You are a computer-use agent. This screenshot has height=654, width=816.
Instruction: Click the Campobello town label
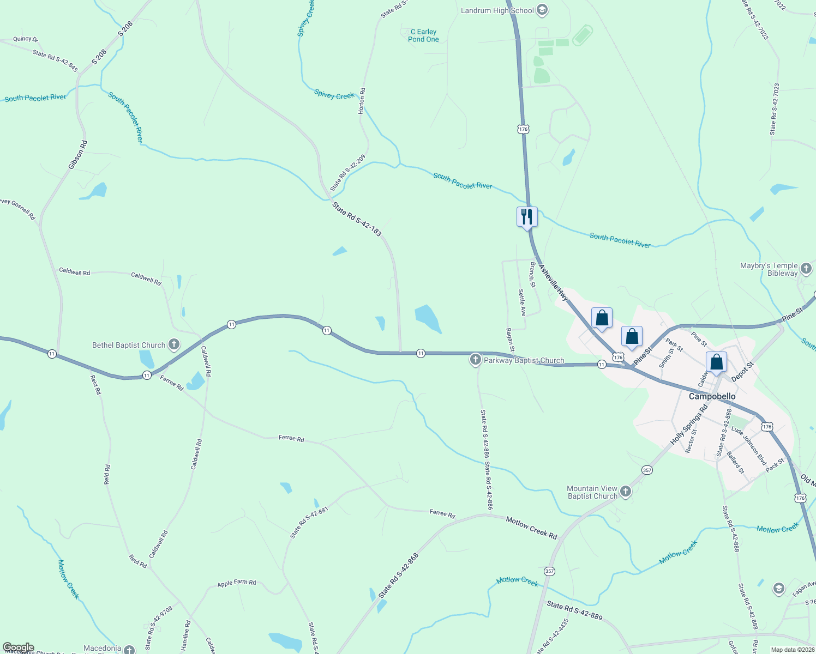point(712,396)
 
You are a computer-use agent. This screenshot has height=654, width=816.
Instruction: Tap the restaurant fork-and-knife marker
point(527,217)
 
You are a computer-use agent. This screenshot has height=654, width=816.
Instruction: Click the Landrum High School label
point(497,10)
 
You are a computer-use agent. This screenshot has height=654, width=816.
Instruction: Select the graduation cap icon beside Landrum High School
point(542,10)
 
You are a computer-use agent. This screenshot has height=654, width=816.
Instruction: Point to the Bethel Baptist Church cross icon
point(174,344)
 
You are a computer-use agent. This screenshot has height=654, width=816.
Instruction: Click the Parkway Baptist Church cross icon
point(476,360)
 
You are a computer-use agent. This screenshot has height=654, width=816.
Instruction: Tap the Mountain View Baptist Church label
point(592,492)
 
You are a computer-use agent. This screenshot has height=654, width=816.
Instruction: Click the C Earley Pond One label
point(423,35)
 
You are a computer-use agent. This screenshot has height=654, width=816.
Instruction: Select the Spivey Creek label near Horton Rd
point(334,95)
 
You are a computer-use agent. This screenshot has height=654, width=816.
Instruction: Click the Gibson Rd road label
point(78,155)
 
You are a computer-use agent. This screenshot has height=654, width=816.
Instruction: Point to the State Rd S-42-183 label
point(357,219)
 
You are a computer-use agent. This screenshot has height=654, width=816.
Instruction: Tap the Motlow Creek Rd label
point(531,528)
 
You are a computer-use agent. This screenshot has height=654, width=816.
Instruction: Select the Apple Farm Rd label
point(236,583)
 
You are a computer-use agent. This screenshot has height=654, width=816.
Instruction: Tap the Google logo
point(18,647)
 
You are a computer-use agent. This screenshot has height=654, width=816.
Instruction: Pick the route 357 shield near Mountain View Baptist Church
point(647,470)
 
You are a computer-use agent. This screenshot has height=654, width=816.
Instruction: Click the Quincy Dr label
point(26,39)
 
